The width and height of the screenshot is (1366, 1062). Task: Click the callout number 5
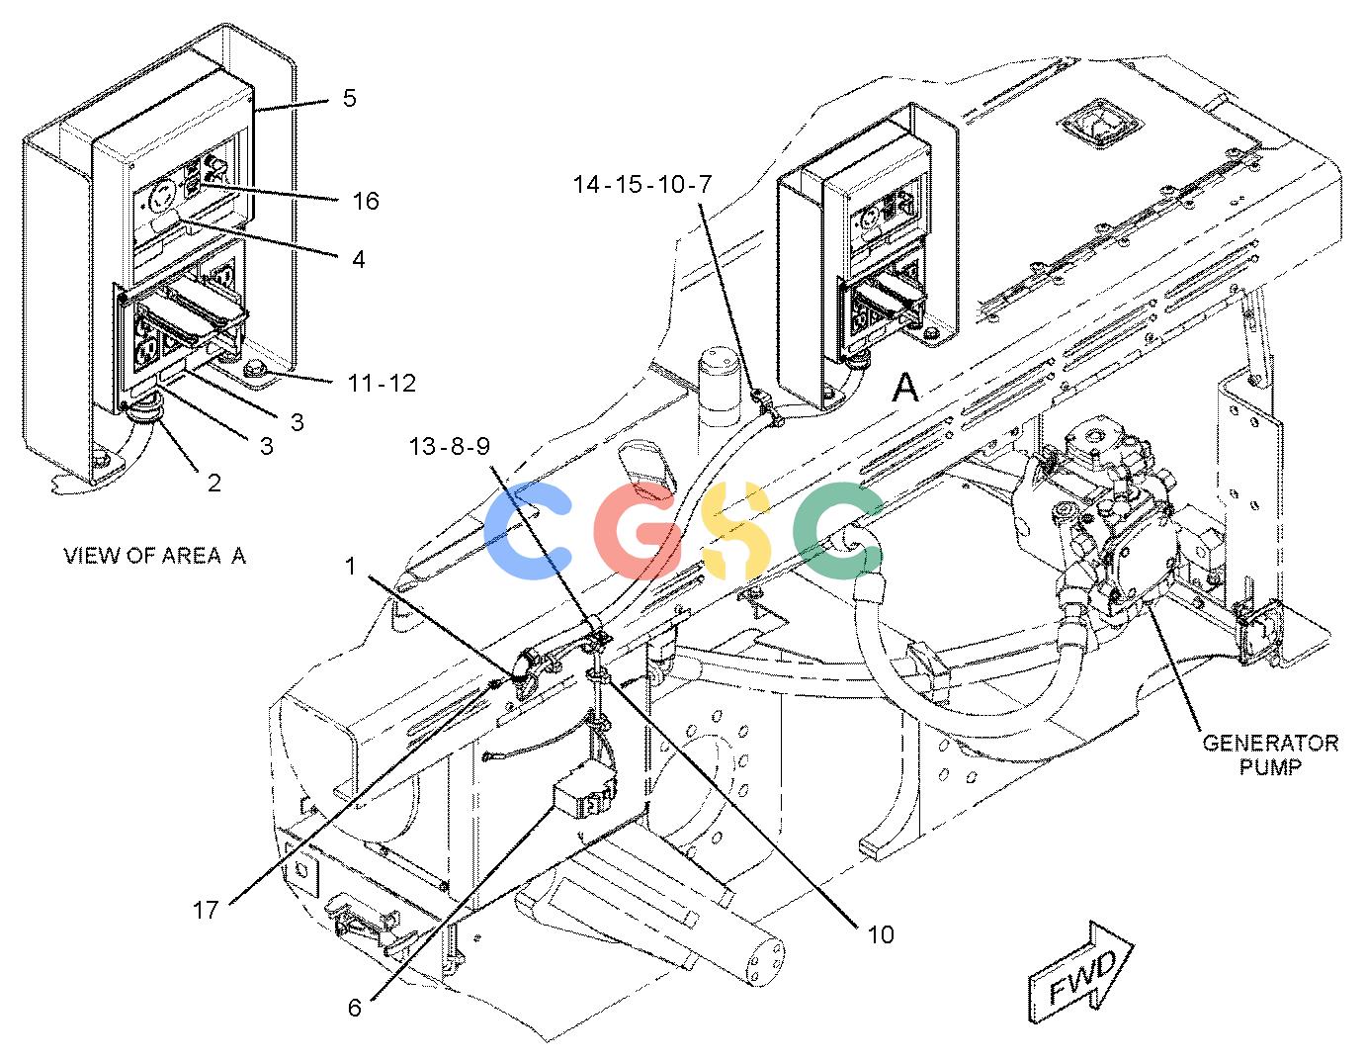350,98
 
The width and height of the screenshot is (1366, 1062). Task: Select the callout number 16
366,201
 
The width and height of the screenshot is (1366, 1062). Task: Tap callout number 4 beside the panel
359,259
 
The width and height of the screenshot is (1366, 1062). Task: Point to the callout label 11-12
382,383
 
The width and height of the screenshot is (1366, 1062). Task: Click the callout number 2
214,483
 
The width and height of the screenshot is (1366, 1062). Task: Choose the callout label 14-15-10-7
641,184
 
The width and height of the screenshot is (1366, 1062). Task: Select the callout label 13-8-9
450,446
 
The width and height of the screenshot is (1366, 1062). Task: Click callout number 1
352,566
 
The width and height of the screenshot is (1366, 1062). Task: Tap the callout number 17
206,910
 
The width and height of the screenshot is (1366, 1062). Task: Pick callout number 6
355,1008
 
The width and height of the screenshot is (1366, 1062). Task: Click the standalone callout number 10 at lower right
881,935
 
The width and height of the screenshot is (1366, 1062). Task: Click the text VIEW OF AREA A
154,556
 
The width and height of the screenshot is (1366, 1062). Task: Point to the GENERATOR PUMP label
1270,755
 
